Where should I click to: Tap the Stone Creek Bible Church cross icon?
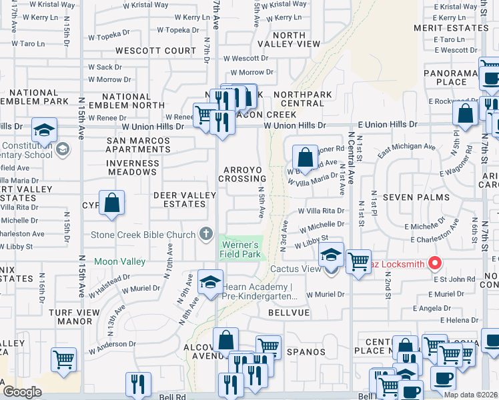point(206,234)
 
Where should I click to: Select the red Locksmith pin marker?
point(434,263)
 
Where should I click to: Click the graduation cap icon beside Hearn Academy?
point(210,281)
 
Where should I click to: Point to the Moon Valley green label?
point(120,261)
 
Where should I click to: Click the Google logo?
point(22,392)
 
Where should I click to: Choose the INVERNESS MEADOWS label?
point(131,167)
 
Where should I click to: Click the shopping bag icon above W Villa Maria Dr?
point(305,157)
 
